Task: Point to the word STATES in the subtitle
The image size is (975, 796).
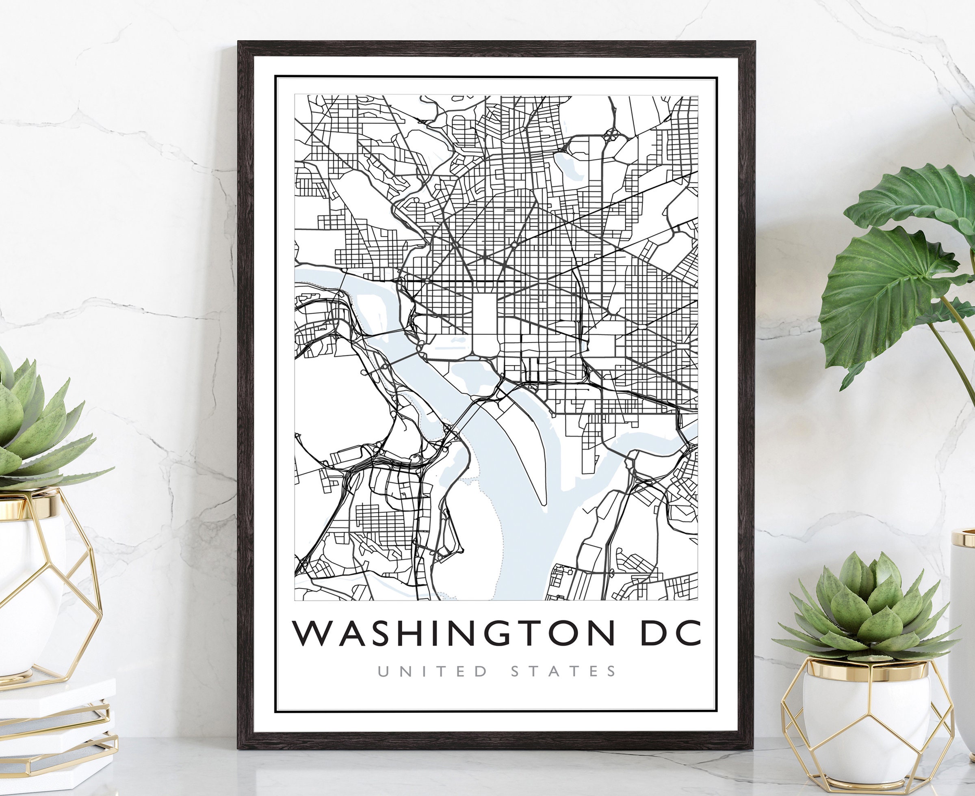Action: [x=563, y=672]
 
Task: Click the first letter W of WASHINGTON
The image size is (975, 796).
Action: [x=312, y=633]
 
